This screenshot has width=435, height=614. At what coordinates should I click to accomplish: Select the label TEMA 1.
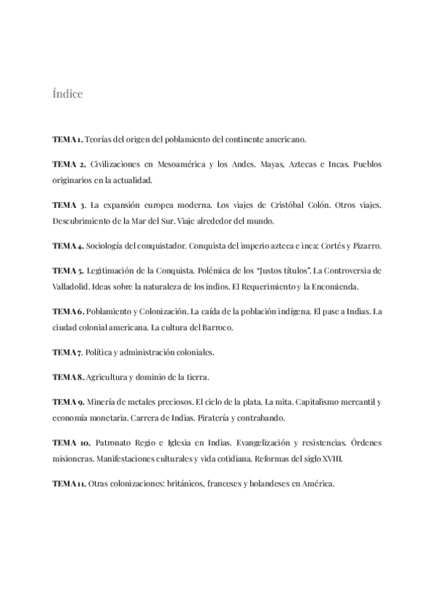[67, 138]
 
